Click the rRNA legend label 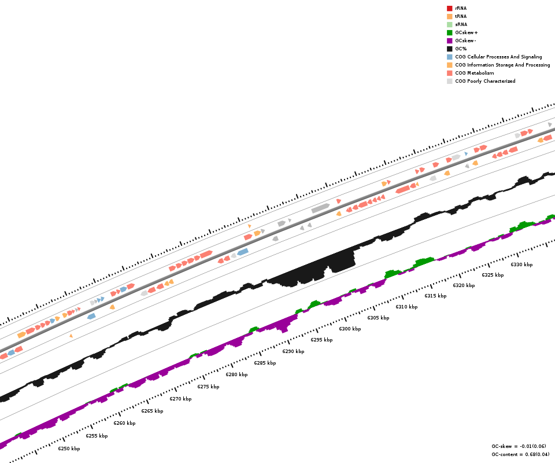point(461,8)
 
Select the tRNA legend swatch point(449,16)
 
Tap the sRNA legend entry point(461,24)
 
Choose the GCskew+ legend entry point(466,32)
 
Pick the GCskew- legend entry point(465,41)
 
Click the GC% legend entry point(461,49)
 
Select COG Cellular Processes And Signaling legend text point(498,57)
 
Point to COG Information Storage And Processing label point(502,65)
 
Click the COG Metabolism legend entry point(474,73)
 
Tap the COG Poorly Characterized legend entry point(485,81)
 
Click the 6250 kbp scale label point(69,449)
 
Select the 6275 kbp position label point(208,387)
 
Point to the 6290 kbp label point(293,351)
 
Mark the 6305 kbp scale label point(378,318)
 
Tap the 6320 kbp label point(464,285)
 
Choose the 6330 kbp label point(521,264)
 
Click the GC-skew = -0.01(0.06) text point(519,446)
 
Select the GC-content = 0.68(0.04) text point(520,454)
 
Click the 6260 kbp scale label point(124,423)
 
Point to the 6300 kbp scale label point(350,329)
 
